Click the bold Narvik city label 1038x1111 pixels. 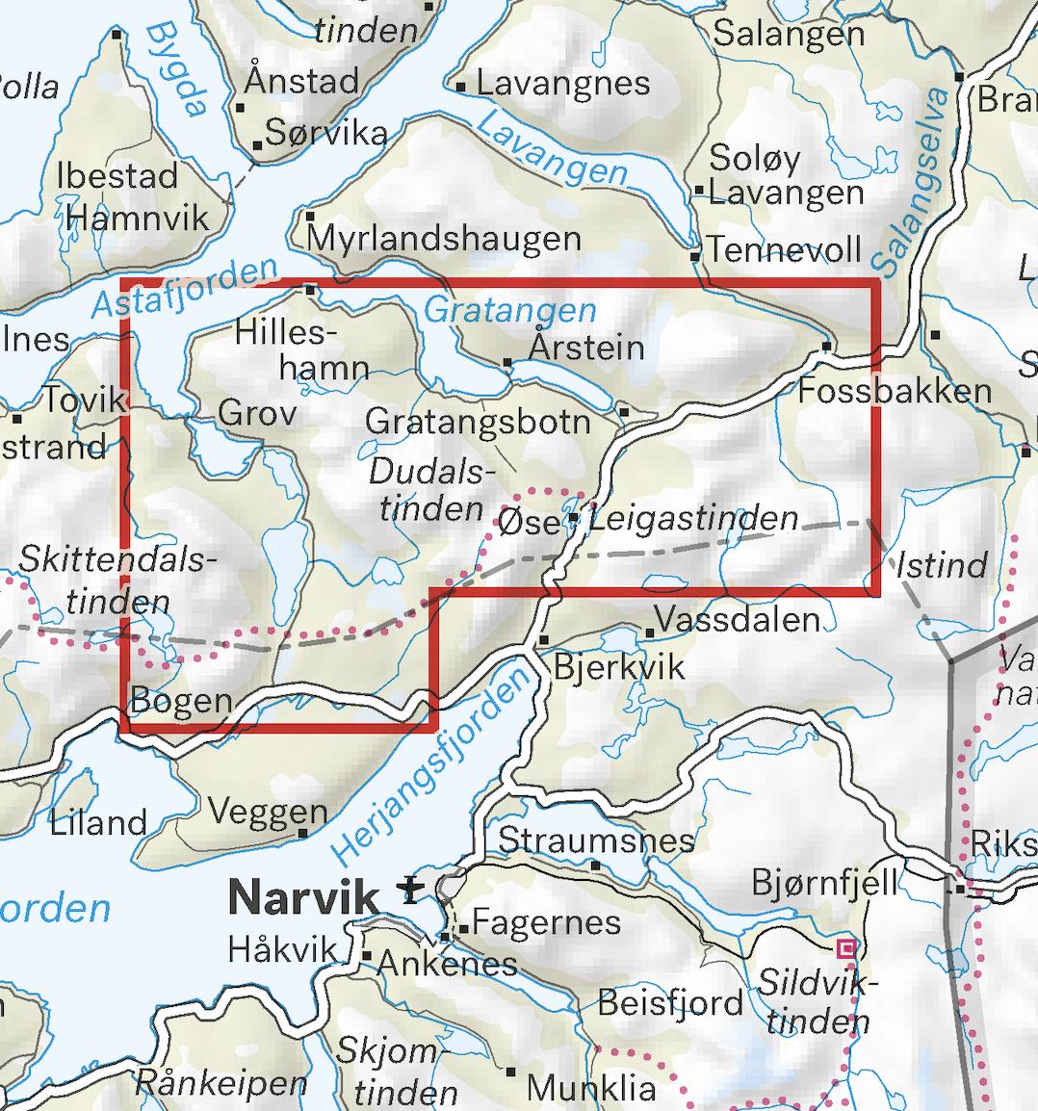click(x=302, y=897)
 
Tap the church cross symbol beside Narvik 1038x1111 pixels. click(x=411, y=891)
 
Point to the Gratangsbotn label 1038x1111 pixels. click(x=478, y=422)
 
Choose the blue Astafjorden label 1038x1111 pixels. click(x=185, y=287)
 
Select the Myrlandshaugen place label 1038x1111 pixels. click(x=444, y=239)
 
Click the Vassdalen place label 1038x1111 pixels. click(x=737, y=619)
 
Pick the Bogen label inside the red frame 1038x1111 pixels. click(x=181, y=700)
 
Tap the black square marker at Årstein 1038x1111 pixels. click(x=508, y=363)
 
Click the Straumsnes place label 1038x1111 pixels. click(x=596, y=840)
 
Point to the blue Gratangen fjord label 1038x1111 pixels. click(x=510, y=310)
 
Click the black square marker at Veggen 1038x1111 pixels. click(x=303, y=833)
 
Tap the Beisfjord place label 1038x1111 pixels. click(x=670, y=1002)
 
